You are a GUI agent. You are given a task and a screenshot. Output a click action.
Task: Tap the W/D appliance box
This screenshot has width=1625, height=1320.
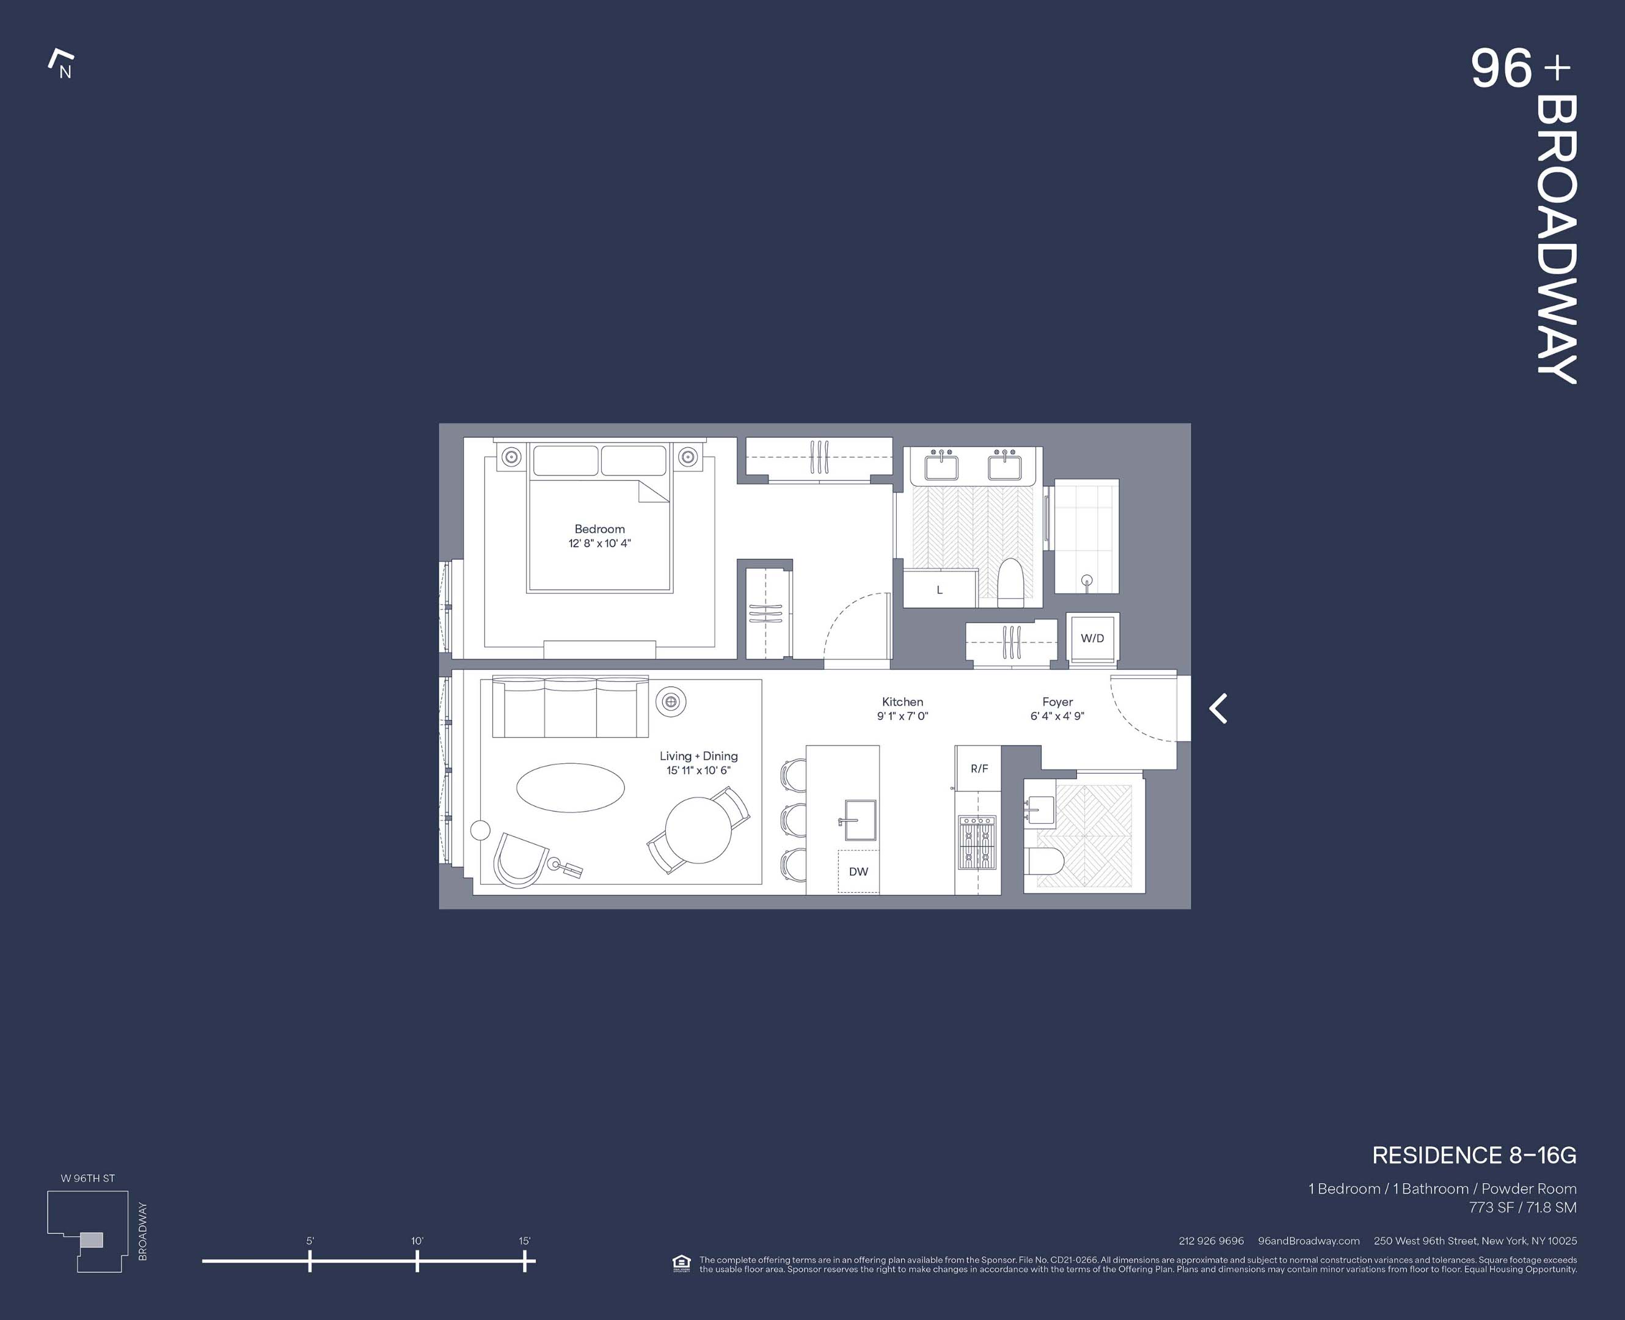1092,639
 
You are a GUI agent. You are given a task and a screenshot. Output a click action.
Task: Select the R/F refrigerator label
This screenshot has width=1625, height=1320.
979,769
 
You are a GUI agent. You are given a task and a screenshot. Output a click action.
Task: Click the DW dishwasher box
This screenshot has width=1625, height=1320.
858,871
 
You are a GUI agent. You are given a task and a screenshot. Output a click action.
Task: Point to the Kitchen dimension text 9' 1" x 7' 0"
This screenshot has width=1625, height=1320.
902,716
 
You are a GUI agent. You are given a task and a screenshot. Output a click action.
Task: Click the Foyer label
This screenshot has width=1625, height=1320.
1057,702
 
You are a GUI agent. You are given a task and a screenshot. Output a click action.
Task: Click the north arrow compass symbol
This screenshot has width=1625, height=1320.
62,65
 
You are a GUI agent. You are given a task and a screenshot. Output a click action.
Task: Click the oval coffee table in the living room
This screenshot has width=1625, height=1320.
570,788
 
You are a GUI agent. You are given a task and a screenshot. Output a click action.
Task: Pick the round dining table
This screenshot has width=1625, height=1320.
698,829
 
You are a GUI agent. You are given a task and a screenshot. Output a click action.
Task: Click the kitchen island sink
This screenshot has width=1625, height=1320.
860,820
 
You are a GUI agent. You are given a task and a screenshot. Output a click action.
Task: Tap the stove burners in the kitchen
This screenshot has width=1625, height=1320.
977,843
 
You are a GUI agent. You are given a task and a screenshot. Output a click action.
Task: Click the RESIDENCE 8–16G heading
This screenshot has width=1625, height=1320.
1473,1156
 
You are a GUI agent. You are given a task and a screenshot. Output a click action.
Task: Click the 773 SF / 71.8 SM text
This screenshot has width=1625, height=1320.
1522,1208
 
